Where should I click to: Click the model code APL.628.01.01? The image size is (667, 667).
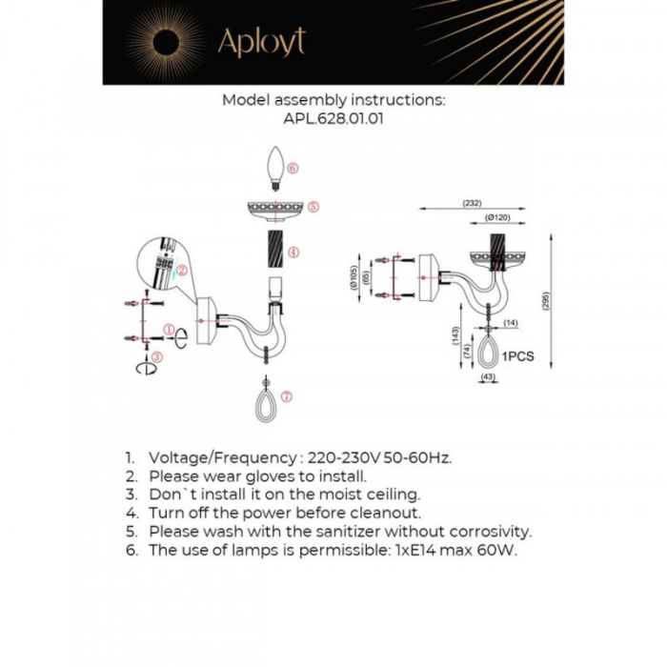333,119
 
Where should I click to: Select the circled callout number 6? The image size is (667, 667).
293,168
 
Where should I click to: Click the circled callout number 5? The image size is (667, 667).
313,206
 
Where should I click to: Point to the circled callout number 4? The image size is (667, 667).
293,253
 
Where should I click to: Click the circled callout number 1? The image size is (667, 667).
169,330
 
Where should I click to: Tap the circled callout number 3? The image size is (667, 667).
158,356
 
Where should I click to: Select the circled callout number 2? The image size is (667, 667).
180,271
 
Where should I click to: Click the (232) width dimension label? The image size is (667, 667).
471,203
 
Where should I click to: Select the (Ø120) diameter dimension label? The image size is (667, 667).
498,218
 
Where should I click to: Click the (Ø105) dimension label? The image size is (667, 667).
354,277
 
